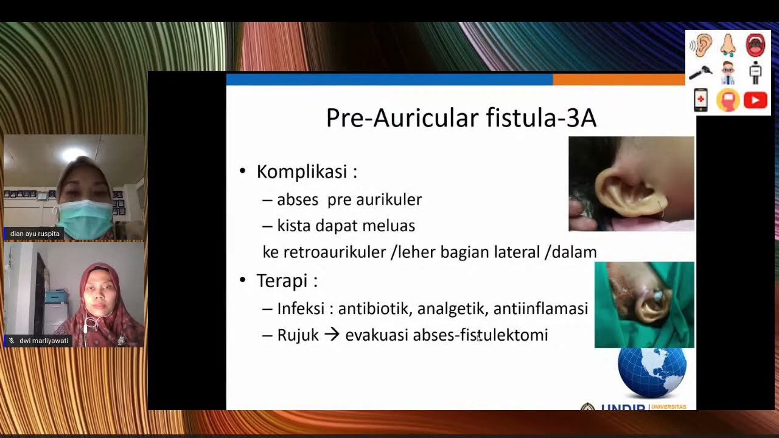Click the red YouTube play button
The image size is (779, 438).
point(755,100)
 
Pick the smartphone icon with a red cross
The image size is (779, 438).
point(701,100)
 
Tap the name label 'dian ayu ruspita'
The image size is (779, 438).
point(35,234)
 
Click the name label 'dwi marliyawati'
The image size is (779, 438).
point(43,341)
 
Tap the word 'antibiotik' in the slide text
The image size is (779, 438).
point(375,309)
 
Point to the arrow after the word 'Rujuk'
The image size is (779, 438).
point(332,335)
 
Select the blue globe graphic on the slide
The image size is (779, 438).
point(652,373)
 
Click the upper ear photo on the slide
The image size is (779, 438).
point(631,184)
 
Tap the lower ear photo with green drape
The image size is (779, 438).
point(644,304)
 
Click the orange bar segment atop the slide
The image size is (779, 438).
point(618,80)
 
